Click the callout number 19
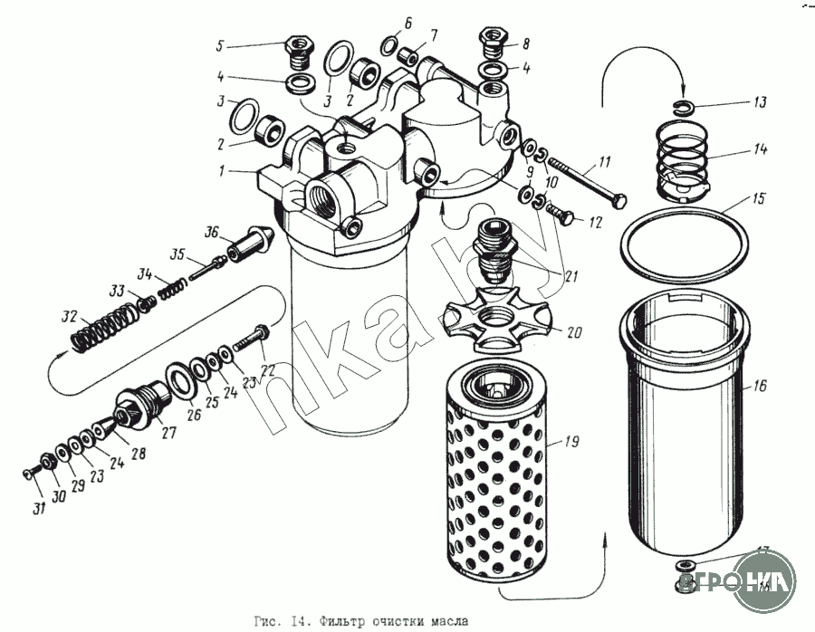(571, 443)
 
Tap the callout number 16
(759, 387)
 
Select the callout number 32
(69, 317)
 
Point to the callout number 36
(212, 233)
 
